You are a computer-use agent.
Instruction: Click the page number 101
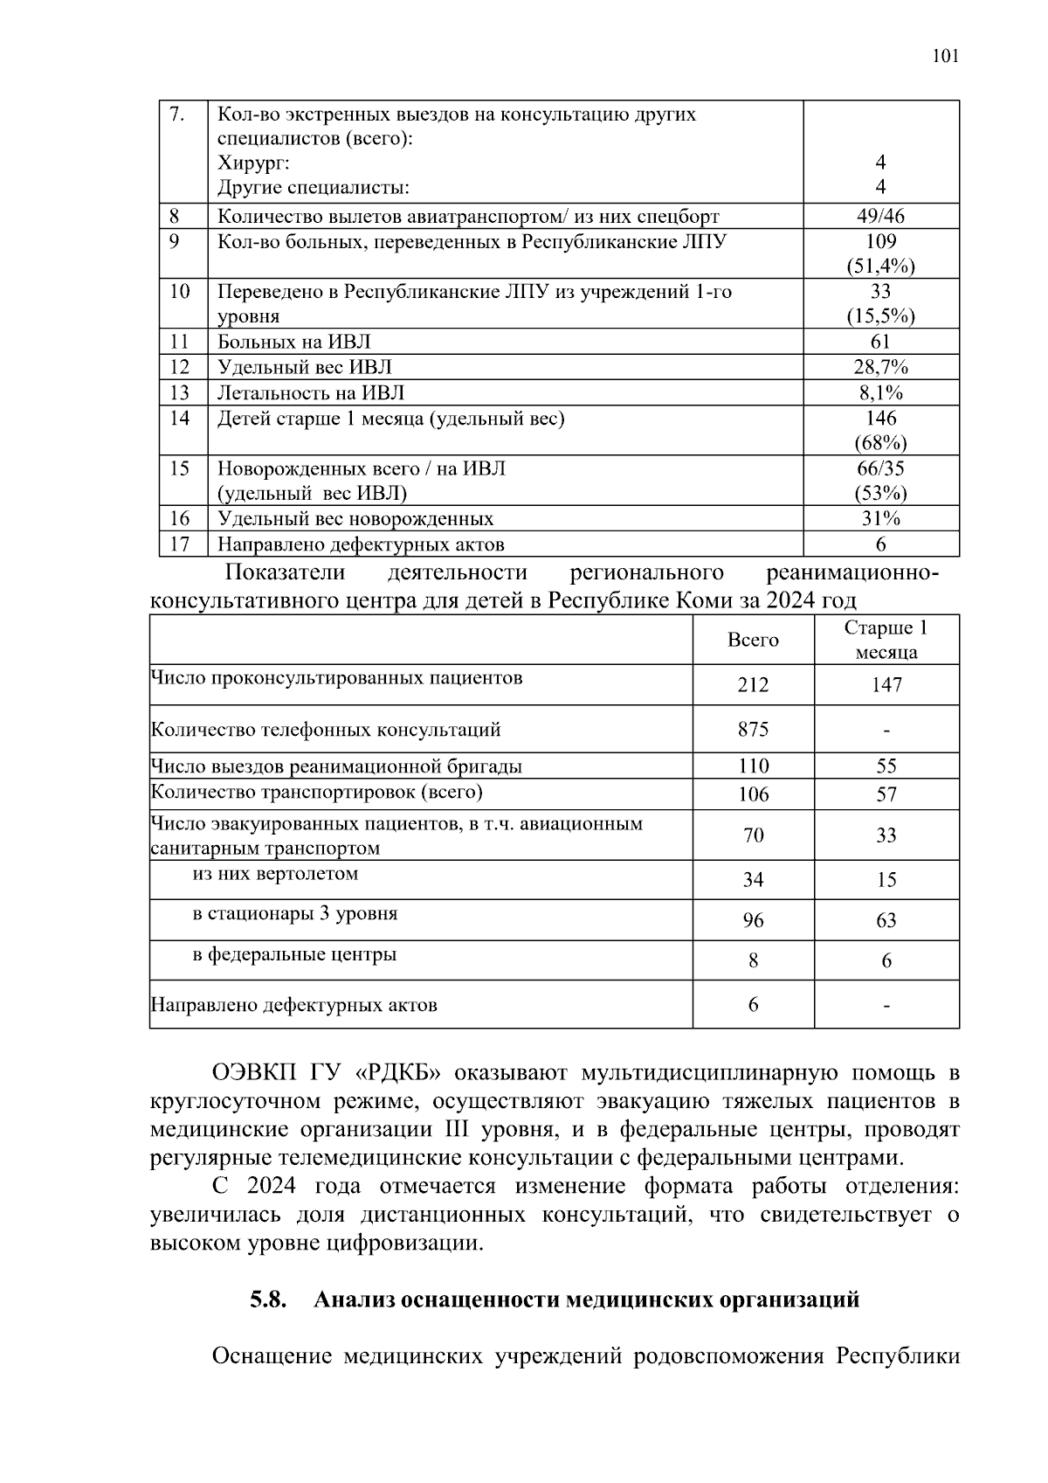[945, 57]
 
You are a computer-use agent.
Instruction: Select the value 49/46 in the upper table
[880, 217]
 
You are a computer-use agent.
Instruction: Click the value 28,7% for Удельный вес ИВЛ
[880, 367]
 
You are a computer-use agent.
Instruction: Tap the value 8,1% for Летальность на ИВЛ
[880, 393]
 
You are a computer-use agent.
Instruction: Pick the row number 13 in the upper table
[179, 393]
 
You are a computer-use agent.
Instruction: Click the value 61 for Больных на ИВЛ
[880, 342]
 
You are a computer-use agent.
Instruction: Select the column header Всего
[753, 640]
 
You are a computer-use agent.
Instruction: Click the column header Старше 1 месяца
[886, 640]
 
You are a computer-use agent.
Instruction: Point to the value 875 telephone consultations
[753, 729]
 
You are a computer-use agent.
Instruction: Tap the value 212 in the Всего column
[753, 685]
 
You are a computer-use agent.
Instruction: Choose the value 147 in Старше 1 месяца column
[886, 685]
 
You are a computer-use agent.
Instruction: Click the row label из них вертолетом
[275, 874]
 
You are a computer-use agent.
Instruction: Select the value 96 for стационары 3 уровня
[753, 921]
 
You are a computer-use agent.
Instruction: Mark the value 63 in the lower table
[886, 921]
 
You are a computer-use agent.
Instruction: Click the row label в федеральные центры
[294, 954]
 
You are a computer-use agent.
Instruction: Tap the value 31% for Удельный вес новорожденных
[880, 519]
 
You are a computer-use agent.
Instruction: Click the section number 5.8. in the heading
[268, 1300]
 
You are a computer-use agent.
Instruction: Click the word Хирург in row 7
[253, 163]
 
